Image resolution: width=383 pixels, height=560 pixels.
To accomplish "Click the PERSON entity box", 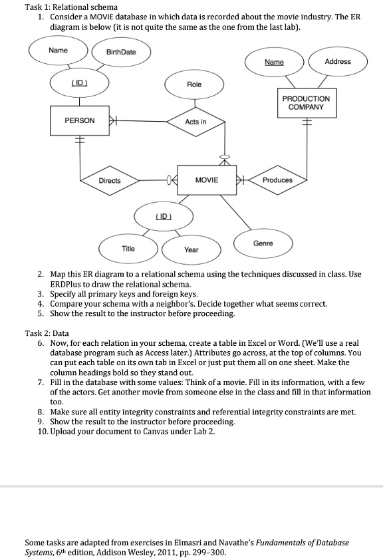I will [x=79, y=121].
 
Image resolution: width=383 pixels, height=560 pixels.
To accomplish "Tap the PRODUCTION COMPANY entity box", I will [x=306, y=102].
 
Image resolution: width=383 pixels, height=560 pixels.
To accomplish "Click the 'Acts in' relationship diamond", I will [x=195, y=122].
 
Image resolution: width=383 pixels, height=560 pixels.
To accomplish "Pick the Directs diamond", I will [x=110, y=180].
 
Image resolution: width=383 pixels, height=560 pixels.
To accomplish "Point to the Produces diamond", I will [x=277, y=180].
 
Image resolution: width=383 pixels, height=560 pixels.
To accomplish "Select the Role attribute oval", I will [x=194, y=85].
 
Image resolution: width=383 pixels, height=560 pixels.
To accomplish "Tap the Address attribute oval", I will [x=337, y=61].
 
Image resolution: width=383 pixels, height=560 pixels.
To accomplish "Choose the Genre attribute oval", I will [x=263, y=244].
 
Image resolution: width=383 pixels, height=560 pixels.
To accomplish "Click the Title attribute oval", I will [x=128, y=249].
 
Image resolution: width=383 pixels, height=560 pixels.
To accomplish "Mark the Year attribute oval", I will [x=191, y=249].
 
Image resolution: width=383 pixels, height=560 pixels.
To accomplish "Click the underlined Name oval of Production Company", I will [x=274, y=61].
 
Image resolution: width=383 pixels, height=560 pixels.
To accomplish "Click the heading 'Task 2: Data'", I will [x=47, y=333].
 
